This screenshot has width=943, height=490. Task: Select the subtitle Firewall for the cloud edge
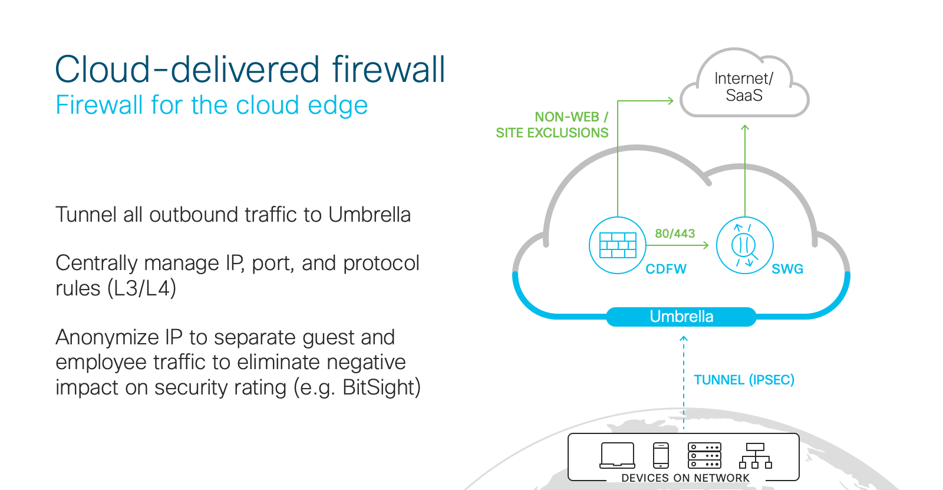tap(212, 106)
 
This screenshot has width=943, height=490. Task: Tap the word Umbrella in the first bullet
tap(369, 215)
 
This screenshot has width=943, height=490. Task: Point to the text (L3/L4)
tap(141, 288)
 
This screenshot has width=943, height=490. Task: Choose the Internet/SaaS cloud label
tap(744, 87)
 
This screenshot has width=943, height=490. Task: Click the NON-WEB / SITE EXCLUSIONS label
tap(552, 125)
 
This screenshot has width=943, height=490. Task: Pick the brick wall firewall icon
tap(618, 245)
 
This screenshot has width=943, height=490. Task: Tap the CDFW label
tap(666, 269)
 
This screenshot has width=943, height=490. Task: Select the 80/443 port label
tap(675, 234)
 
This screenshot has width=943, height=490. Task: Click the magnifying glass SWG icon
tap(744, 245)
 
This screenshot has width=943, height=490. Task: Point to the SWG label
tap(787, 269)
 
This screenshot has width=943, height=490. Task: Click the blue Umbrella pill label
tap(681, 317)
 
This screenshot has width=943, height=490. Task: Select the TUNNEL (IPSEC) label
tap(744, 380)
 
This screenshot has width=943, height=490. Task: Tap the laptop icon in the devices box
tap(617, 455)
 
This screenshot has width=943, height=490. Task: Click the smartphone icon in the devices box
tap(661, 455)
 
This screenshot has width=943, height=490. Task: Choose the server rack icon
tap(704, 455)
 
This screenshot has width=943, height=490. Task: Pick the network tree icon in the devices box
tap(755, 456)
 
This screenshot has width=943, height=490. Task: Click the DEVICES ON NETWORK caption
tap(685, 478)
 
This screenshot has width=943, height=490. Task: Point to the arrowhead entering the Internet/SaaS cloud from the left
tap(670, 101)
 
